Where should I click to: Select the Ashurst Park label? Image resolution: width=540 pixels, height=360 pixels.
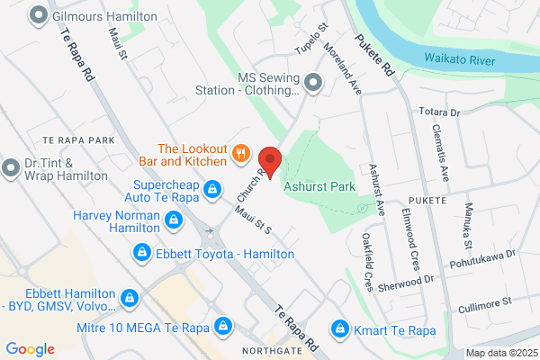[x=319, y=186]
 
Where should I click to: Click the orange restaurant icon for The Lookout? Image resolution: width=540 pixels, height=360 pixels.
[x=239, y=153]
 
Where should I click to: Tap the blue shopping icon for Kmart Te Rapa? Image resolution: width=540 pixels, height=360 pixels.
[x=341, y=328]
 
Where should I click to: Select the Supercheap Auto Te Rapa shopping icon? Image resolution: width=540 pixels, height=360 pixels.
[x=212, y=189]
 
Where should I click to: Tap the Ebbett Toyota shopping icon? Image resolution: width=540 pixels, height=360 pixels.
[x=141, y=254]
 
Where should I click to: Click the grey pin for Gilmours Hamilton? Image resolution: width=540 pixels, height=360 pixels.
[x=39, y=15]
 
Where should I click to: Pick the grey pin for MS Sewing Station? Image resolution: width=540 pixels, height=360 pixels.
[x=312, y=84]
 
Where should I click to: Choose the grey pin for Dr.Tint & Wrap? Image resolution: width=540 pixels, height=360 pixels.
[x=11, y=167]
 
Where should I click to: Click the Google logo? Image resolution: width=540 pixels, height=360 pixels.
[x=30, y=349]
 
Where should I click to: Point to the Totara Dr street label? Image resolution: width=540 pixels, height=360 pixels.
[x=440, y=113]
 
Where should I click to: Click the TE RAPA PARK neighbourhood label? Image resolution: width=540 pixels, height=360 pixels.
[x=78, y=140]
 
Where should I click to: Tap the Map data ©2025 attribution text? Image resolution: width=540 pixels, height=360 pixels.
[x=500, y=353]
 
